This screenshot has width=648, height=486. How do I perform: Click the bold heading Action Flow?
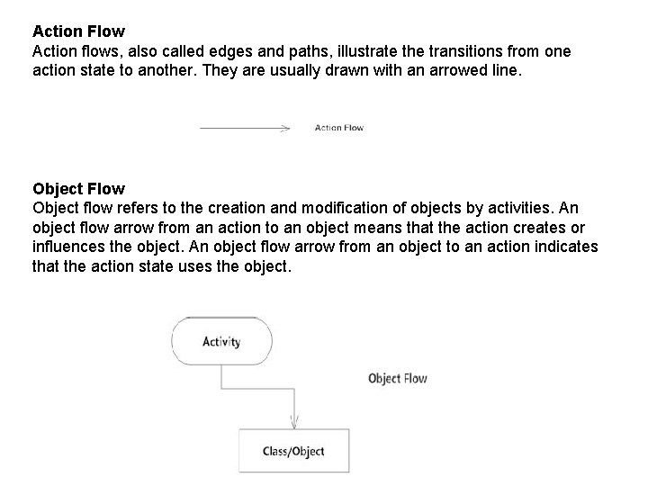click(x=78, y=31)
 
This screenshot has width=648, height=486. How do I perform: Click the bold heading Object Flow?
click(x=78, y=189)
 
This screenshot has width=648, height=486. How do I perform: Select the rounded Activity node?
click(x=221, y=342)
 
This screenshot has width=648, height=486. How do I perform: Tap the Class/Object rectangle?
click(x=293, y=451)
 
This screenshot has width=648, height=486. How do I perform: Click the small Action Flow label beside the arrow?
click(x=338, y=128)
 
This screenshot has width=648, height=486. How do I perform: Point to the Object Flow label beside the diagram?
click(x=397, y=378)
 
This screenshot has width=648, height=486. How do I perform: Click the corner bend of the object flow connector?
click(x=221, y=389)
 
